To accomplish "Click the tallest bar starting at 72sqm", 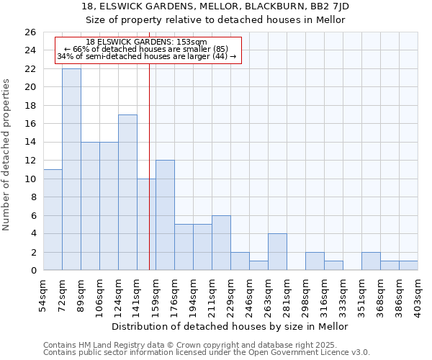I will pos(71,169).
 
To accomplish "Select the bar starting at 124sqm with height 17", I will pos(127,192).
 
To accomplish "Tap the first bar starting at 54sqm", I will pos(53,220).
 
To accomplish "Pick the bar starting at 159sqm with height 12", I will pos(165,215).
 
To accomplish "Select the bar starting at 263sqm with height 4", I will pos(277,252).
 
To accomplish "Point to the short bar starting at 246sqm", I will pos(258,266).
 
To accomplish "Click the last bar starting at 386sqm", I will pos(408,266).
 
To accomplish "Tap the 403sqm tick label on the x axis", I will pos(418,294).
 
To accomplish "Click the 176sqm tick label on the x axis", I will pos(175,294).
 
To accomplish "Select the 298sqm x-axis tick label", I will pos(306,294).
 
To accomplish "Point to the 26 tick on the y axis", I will pos(30,32).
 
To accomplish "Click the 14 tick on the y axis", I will pos(30,143).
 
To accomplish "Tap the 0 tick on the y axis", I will pos(32,271).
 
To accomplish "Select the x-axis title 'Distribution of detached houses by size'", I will pos(230,326).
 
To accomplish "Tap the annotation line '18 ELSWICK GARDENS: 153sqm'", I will pos(146,42).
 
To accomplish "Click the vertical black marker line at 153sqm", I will pos(149,180).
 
